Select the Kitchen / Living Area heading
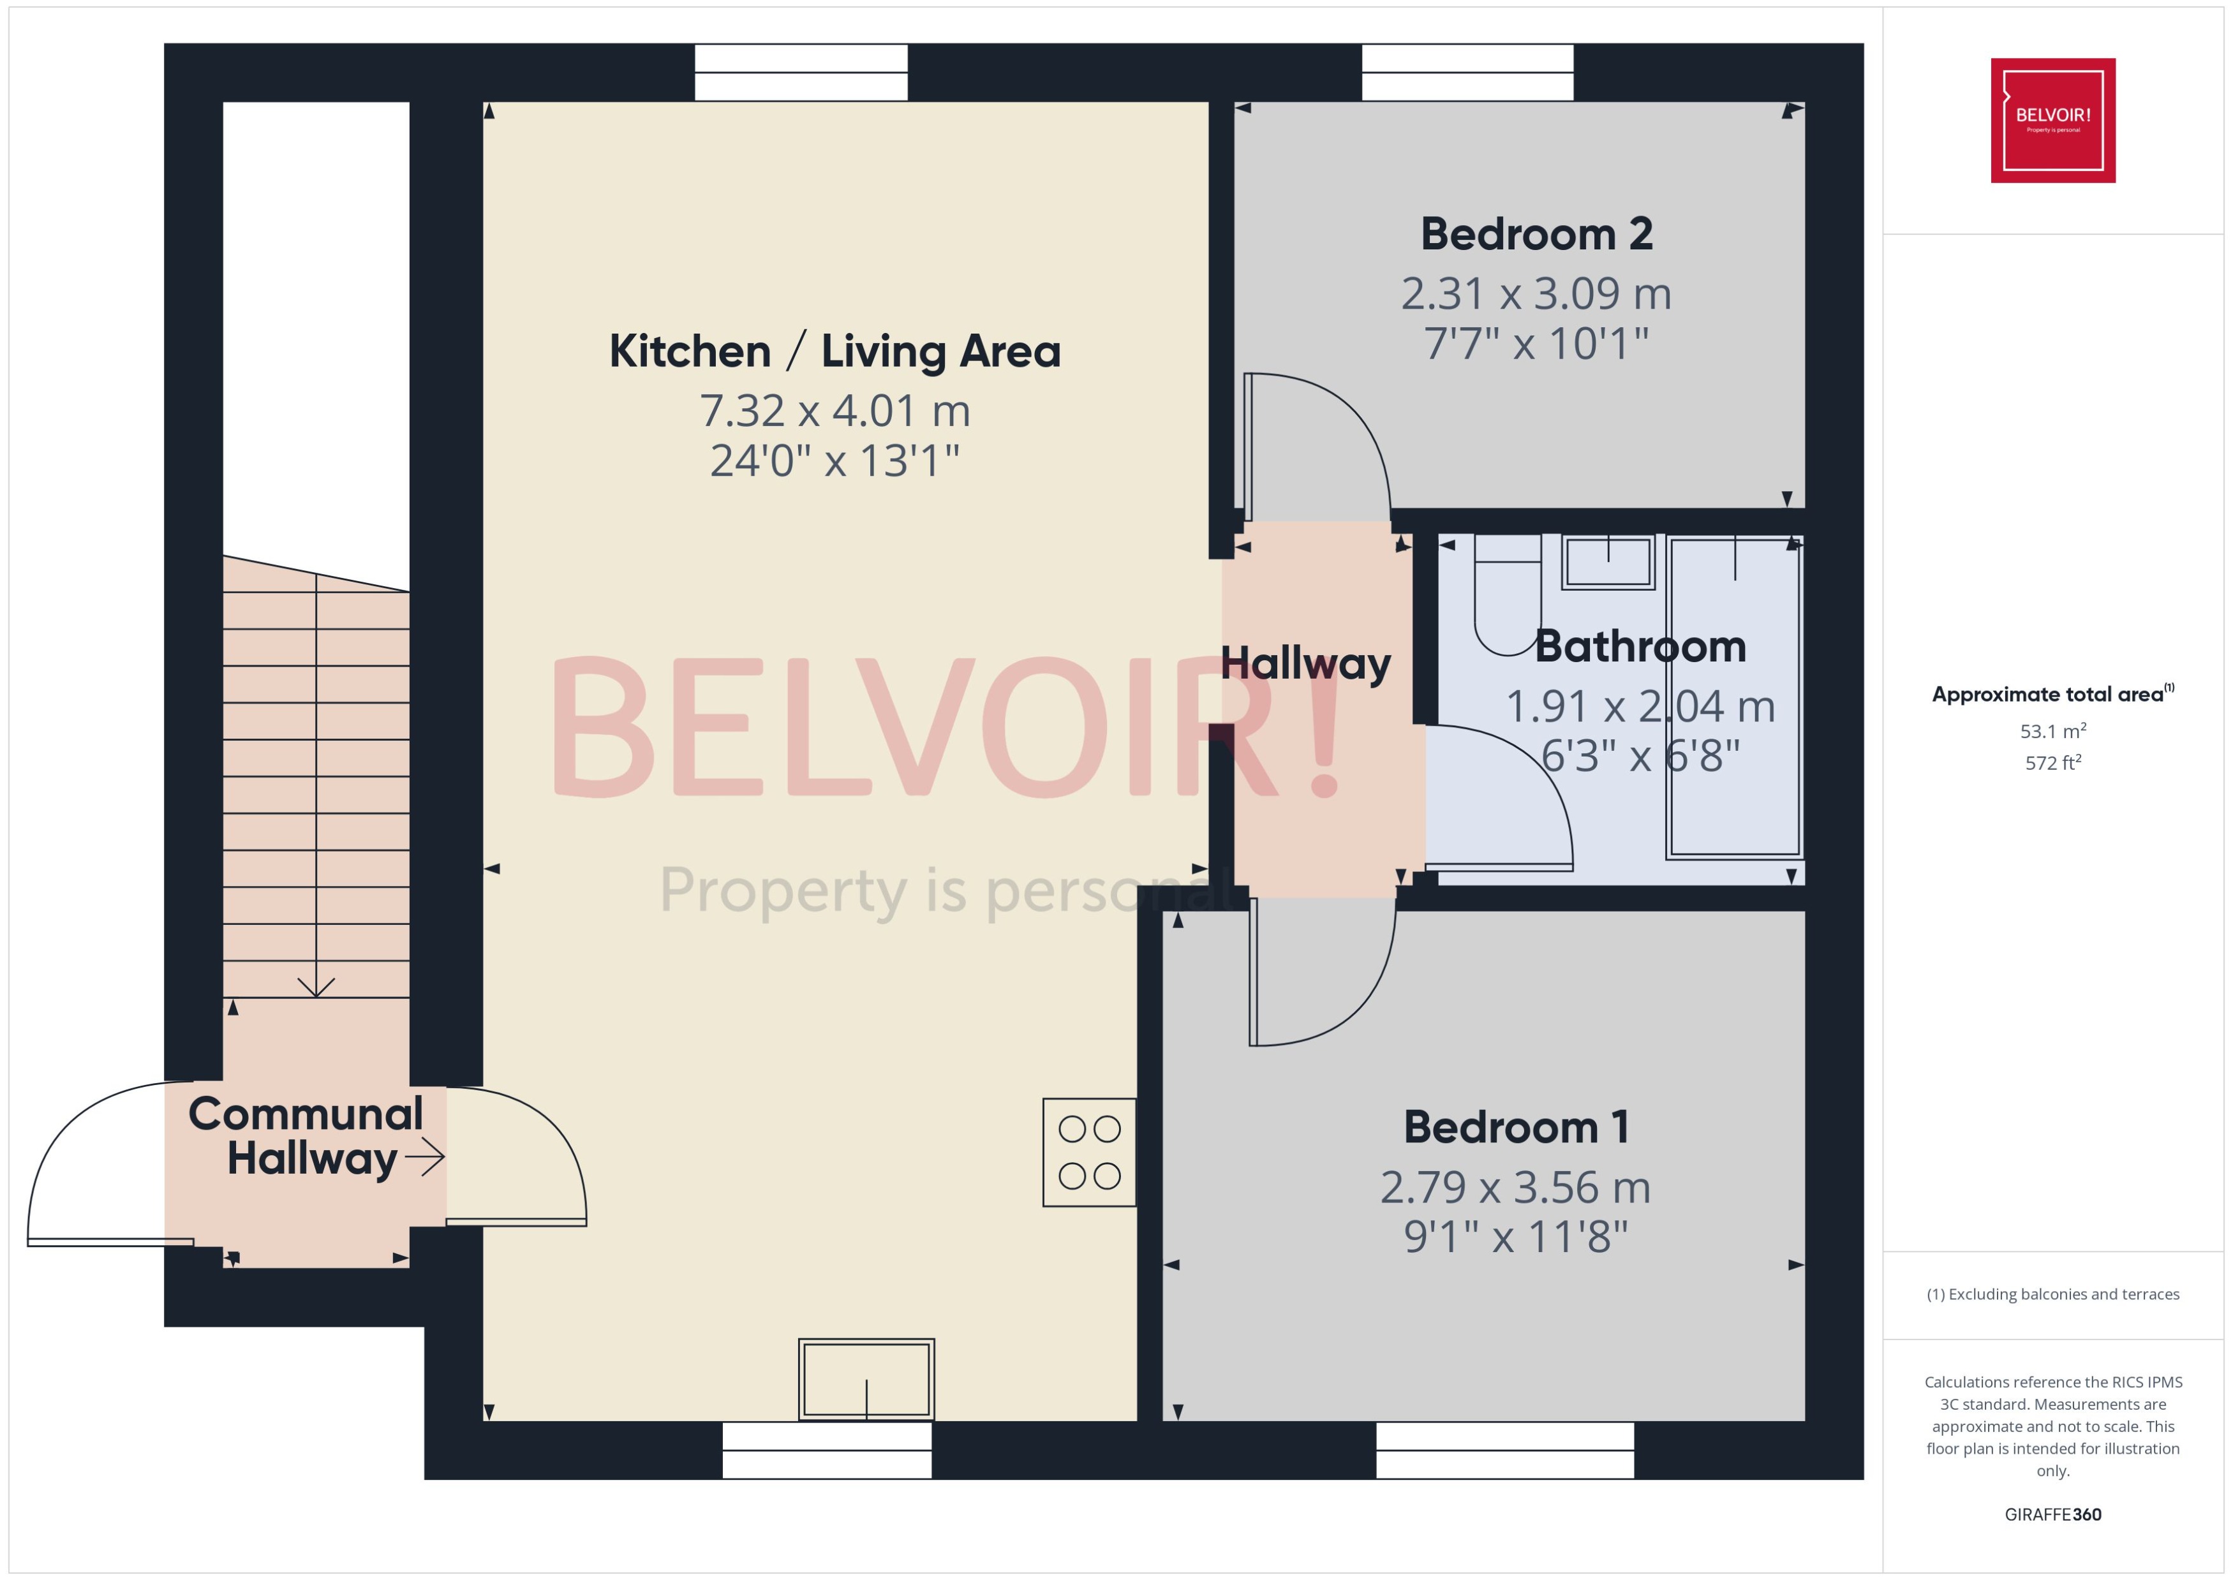tap(835, 351)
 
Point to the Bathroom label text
tap(1640, 647)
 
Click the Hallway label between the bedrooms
tap(1306, 663)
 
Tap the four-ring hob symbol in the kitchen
tap(1089, 1153)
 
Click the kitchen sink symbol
tap(866, 1380)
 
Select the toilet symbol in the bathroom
tap(1507, 595)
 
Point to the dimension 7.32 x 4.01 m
tap(835, 411)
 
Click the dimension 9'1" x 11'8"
tap(1516, 1237)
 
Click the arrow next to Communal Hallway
tap(425, 1157)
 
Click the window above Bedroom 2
tap(1467, 73)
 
